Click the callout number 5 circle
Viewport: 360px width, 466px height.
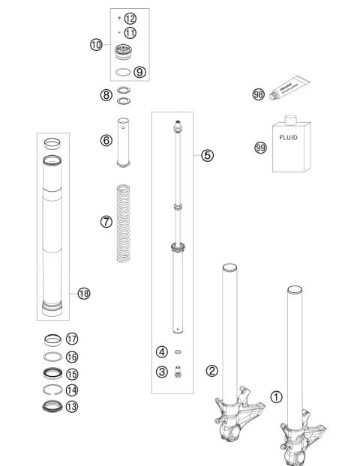point(207,155)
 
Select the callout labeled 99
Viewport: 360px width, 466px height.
point(261,148)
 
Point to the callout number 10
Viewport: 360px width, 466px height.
point(95,46)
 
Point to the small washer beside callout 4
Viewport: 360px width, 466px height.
point(178,351)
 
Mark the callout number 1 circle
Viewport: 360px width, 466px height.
point(276,397)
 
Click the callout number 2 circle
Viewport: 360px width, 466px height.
point(212,370)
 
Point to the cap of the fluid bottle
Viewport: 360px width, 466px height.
point(289,118)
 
